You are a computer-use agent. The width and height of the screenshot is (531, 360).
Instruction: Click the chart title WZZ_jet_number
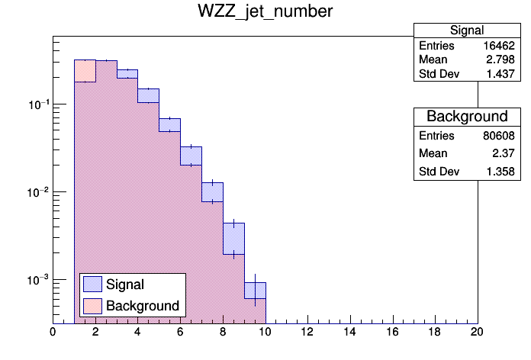coord(265,13)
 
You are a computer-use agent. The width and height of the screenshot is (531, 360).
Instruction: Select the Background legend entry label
coord(143,306)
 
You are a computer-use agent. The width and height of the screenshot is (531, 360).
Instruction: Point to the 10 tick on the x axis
coord(265,332)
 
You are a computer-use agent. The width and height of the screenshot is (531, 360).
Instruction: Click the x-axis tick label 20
coord(478,332)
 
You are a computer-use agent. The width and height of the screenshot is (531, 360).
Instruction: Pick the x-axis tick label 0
coord(53,332)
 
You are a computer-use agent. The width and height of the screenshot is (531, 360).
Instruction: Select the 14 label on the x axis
coord(350,332)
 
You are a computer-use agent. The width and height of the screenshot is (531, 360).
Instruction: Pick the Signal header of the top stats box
coord(466,31)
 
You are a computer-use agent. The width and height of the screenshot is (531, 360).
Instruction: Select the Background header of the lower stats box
coord(466,117)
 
